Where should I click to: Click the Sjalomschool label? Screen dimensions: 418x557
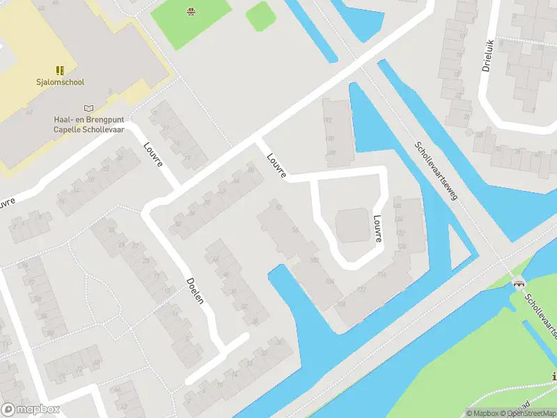pyautogui.click(x=60, y=82)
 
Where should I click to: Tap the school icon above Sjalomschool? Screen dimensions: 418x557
pyautogui.click(x=60, y=70)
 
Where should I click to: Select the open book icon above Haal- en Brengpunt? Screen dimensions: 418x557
pyautogui.click(x=88, y=108)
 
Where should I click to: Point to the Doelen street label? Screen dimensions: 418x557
pyautogui.click(x=195, y=291)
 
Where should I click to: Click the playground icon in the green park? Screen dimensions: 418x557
pyautogui.click(x=189, y=10)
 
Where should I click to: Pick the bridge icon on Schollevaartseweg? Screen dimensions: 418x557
pyautogui.click(x=518, y=282)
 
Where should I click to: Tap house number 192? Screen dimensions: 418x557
pyautogui.click(x=329, y=119)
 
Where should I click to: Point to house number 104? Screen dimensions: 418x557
pyautogui.click(x=329, y=280)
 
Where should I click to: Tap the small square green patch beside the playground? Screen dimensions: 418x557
pyautogui.click(x=260, y=15)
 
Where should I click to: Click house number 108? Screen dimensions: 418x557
pyautogui.click(x=341, y=304)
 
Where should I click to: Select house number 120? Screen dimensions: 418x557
pyautogui.click(x=402, y=247)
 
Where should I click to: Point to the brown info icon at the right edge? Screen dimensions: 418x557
pyautogui.click(x=554, y=377)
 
